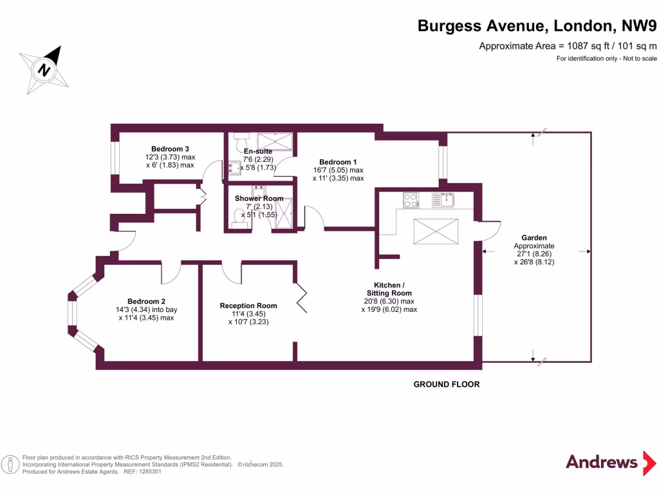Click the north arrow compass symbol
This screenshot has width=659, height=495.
(44, 70)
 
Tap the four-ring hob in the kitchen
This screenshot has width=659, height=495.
(411, 200)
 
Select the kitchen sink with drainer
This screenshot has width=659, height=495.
(443, 200)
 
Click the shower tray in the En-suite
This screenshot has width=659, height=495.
(275, 141)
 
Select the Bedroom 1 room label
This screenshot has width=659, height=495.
(338, 162)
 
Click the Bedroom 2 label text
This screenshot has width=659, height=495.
(146, 301)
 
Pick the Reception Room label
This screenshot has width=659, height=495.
(248, 306)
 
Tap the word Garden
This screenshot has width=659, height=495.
(534, 238)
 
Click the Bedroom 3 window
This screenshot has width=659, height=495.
(115, 158)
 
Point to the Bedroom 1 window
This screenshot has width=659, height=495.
(443, 162)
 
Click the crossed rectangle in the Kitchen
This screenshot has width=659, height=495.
(436, 231)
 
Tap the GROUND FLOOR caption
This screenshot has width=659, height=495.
(446, 384)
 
